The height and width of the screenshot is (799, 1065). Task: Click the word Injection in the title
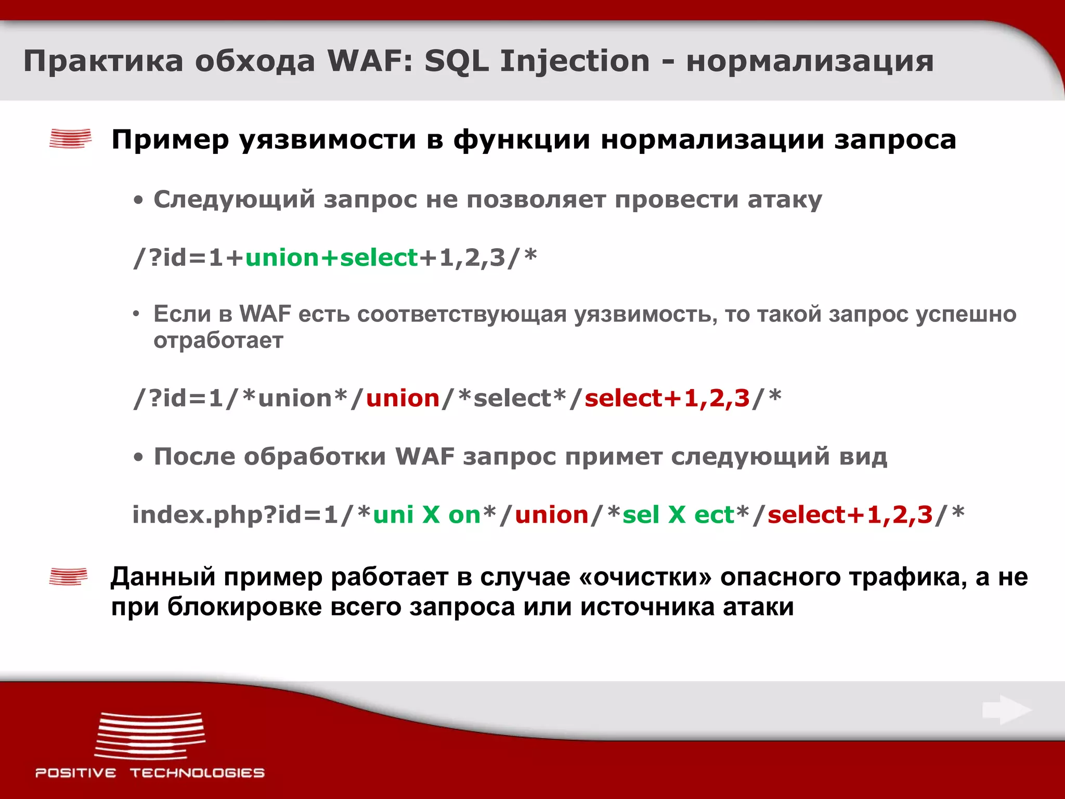(x=575, y=61)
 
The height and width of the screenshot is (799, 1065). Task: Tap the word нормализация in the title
(x=810, y=61)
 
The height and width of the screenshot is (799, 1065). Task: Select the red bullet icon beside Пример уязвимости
(x=70, y=139)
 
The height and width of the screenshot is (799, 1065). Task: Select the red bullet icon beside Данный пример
(x=68, y=577)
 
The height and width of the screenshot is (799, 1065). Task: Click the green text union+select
(x=331, y=258)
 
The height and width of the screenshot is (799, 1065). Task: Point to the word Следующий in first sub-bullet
(x=234, y=200)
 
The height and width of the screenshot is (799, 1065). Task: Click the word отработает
(x=218, y=341)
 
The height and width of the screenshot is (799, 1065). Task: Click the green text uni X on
(x=426, y=515)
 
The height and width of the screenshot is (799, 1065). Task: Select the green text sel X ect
(x=678, y=515)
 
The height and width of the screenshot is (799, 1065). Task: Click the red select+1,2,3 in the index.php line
(x=850, y=515)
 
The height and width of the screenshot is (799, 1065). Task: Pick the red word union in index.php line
(x=551, y=515)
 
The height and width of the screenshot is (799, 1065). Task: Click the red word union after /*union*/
(x=403, y=398)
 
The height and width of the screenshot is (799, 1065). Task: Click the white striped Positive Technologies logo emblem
(x=150, y=736)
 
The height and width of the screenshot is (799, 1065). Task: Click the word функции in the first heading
(x=522, y=140)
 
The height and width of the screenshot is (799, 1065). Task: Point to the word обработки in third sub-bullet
(x=315, y=457)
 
